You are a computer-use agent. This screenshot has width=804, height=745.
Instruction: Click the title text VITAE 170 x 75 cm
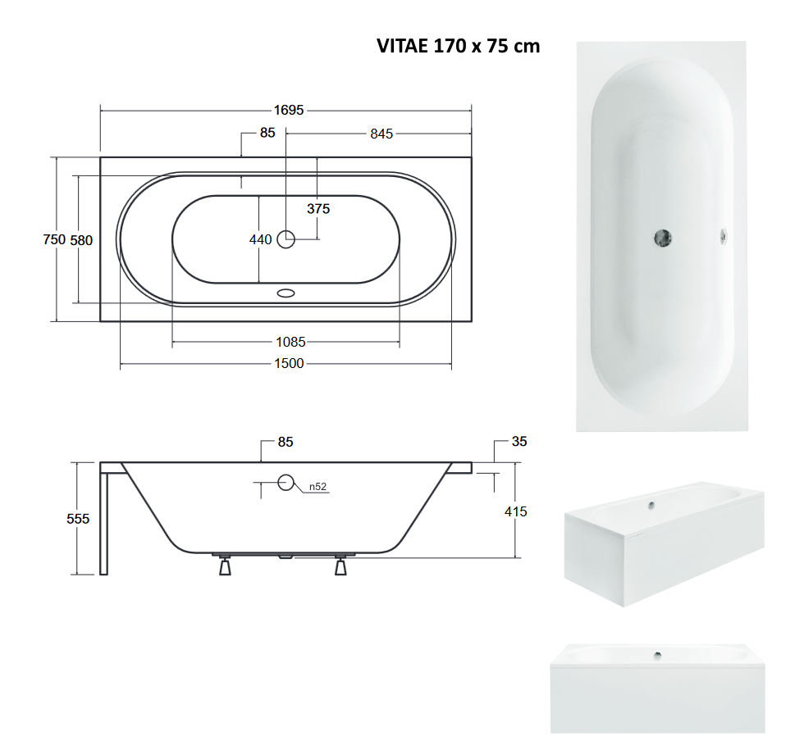tap(458, 46)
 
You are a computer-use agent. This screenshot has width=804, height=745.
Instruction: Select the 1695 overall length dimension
tap(289, 110)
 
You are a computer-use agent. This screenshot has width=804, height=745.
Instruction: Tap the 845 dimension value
tap(381, 134)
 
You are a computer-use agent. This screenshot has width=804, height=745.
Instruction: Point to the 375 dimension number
tap(318, 208)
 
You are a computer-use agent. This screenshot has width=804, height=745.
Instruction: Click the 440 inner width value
tap(261, 239)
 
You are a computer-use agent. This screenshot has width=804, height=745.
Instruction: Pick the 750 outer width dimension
tap(54, 239)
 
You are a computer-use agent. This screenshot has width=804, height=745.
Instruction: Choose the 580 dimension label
tap(81, 240)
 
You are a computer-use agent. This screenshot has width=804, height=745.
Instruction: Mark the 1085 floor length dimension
tap(290, 342)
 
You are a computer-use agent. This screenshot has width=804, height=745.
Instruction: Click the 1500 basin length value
tap(289, 363)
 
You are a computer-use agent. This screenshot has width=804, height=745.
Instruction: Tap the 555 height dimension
tap(78, 519)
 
